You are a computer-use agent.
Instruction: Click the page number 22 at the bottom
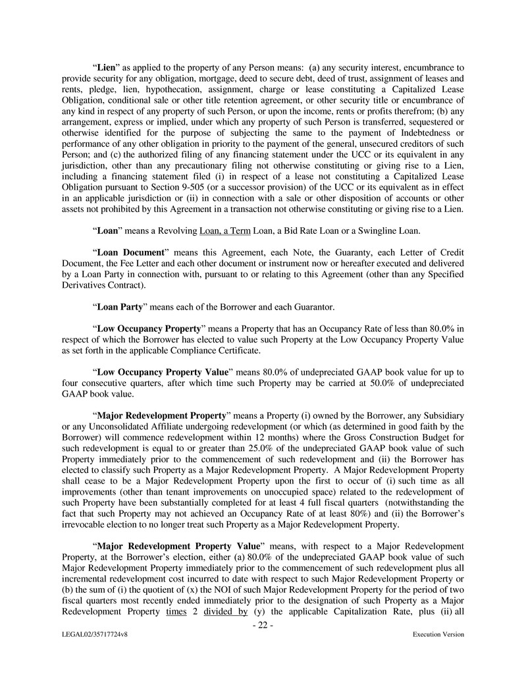click(x=263, y=626)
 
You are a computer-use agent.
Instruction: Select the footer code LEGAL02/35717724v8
click(x=92, y=635)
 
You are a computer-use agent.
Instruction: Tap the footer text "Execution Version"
click(x=438, y=635)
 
